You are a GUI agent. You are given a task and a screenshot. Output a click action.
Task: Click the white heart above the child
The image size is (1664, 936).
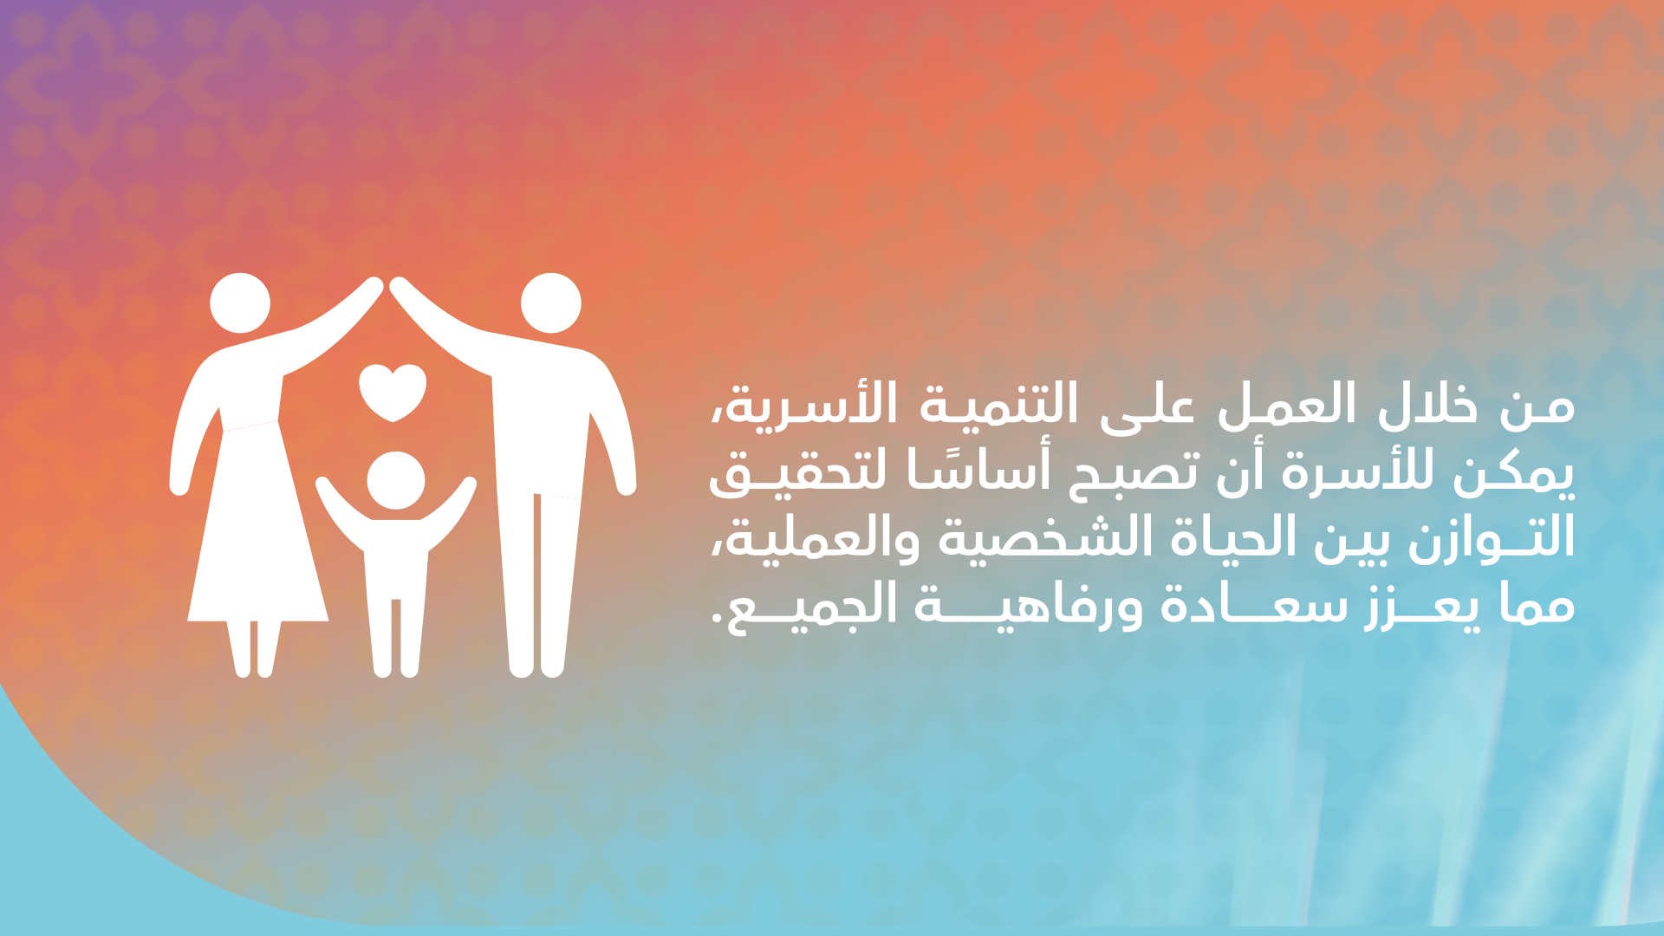point(393,391)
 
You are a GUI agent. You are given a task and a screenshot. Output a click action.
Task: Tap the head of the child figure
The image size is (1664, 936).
point(395,480)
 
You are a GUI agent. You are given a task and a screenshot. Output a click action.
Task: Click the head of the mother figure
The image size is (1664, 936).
point(240,303)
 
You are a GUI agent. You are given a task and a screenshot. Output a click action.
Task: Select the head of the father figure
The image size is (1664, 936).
point(550,303)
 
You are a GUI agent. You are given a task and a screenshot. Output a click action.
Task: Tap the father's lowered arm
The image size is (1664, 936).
point(614,433)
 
